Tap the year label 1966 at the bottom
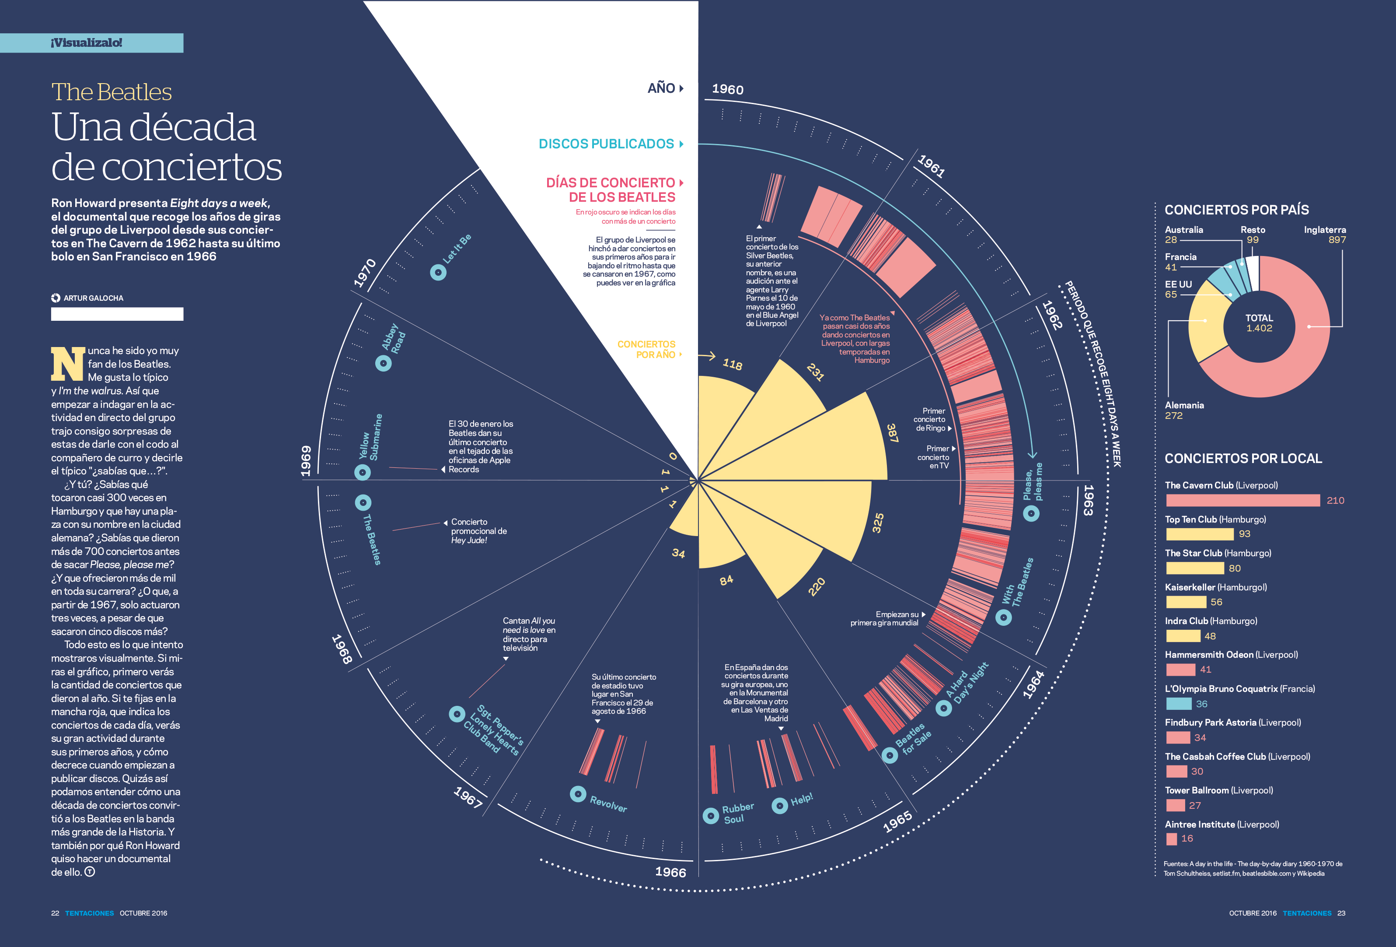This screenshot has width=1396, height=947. pyautogui.click(x=670, y=872)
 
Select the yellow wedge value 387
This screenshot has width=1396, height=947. pyautogui.click(x=892, y=433)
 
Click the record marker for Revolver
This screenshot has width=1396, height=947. pyautogui.click(x=578, y=794)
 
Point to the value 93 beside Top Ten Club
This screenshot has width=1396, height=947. pyautogui.click(x=1244, y=533)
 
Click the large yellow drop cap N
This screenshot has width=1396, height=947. pyautogui.click(x=67, y=364)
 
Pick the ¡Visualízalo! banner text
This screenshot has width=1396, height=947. pyautogui.click(x=87, y=42)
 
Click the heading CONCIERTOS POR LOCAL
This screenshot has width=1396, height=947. pyautogui.click(x=1243, y=459)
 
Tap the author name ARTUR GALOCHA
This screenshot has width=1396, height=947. pyautogui.click(x=93, y=298)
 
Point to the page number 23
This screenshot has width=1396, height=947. pyautogui.click(x=1341, y=913)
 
